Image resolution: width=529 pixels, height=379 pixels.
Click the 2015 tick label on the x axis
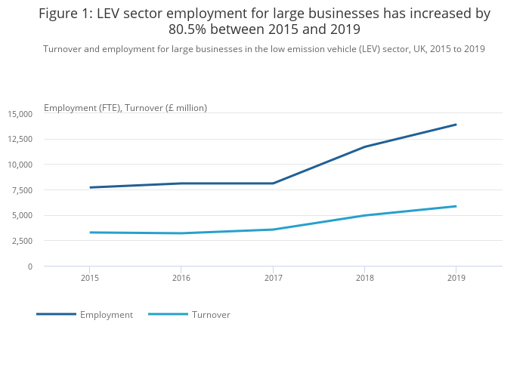point(90,278)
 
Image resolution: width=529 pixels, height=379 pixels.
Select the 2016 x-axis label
point(181,278)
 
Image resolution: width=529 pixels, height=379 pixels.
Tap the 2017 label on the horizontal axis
point(273,278)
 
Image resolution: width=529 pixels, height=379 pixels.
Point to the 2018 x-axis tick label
point(364,278)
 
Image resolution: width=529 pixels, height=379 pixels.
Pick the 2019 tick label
point(456,278)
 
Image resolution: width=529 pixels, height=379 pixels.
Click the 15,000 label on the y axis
point(20,114)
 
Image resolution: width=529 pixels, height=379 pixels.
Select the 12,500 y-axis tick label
point(20,140)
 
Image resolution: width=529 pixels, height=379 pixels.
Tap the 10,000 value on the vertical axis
point(20,165)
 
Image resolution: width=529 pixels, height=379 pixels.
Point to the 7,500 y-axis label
point(23,190)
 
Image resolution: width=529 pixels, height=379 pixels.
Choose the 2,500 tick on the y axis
point(23,241)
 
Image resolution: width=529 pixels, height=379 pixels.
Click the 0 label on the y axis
point(30,267)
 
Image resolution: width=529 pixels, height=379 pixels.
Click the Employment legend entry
point(106,315)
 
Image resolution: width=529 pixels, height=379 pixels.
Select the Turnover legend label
point(211,315)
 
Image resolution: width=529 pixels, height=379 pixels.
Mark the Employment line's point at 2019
point(456,125)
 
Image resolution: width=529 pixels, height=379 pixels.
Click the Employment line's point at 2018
point(364,146)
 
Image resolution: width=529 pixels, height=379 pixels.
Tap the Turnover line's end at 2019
point(456,206)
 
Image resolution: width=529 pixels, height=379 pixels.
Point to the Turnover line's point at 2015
point(90,233)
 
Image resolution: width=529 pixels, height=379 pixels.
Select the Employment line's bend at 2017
point(273,183)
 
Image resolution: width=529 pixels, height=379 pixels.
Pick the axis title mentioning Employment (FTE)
point(125,108)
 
